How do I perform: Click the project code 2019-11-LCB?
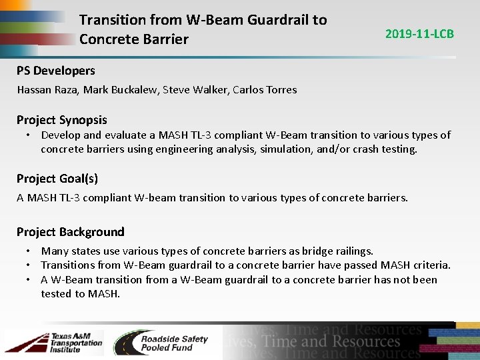(419, 33)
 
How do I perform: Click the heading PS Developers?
(56, 71)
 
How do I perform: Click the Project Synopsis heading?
(61, 120)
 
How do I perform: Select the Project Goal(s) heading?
(57, 178)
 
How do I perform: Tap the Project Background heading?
(70, 232)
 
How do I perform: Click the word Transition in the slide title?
(111, 20)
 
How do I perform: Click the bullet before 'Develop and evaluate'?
(29, 135)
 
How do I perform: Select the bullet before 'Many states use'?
(29, 251)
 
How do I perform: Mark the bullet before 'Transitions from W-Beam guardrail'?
(29, 265)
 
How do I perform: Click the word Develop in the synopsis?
(61, 135)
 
